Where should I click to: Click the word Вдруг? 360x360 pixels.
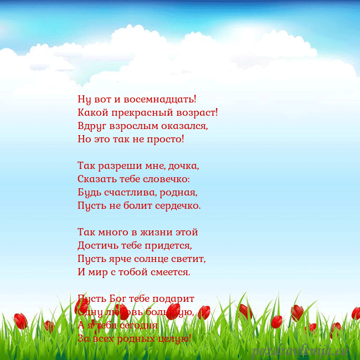(x=91, y=126)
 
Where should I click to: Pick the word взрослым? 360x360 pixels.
(x=132, y=126)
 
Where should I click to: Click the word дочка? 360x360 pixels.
(x=182, y=166)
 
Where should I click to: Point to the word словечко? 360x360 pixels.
(x=166, y=179)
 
